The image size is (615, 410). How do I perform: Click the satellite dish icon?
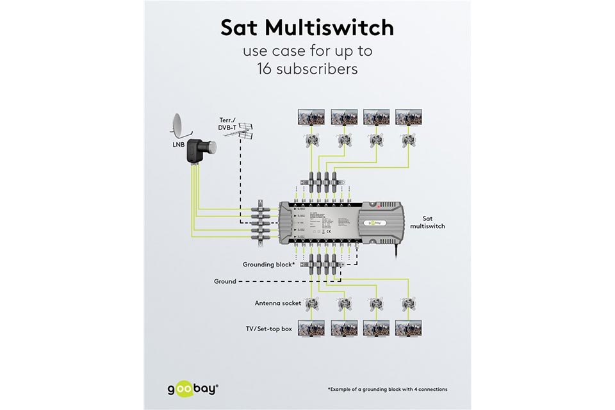tap(181, 127)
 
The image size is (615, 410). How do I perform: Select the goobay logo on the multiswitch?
tap(374, 223)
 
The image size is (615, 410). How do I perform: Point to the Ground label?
tap(225, 281)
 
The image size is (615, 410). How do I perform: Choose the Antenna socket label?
tap(278, 303)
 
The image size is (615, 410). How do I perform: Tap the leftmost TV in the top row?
tap(313, 117)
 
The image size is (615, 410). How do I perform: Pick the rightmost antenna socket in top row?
tap(406, 141)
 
